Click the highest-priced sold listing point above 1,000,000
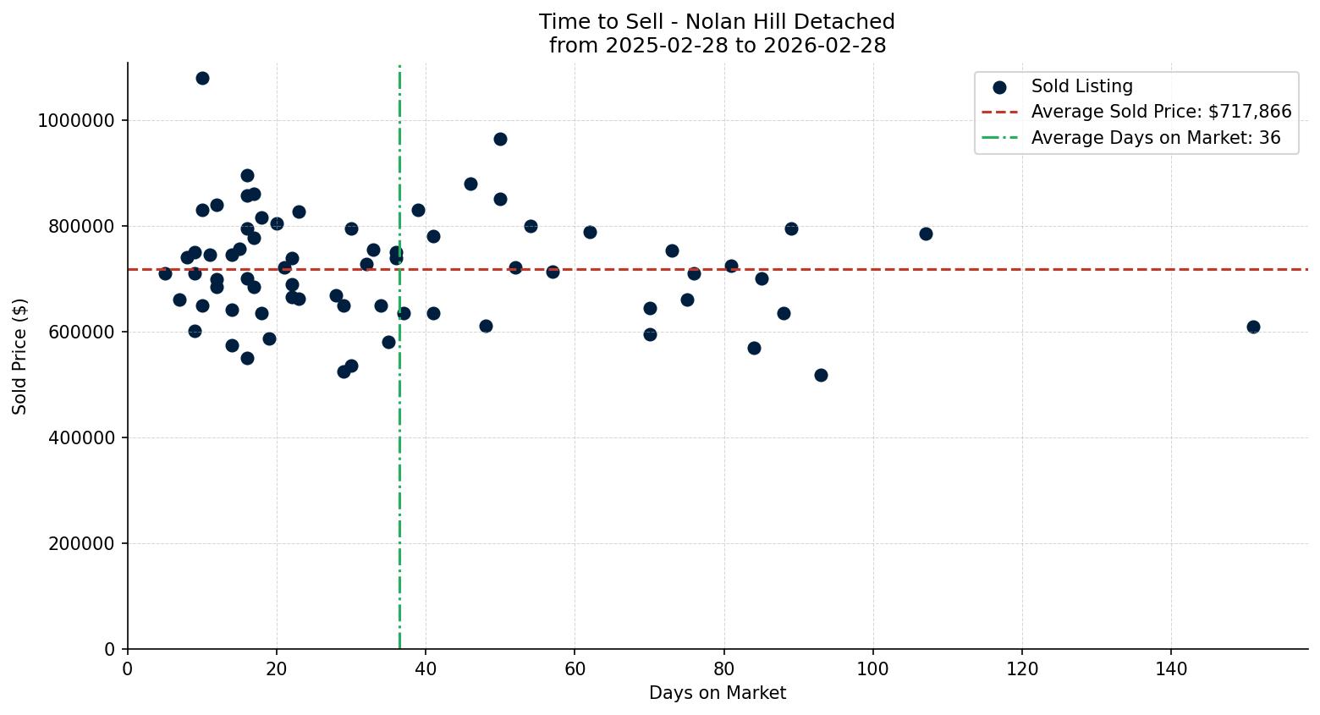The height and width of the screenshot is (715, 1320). click(202, 78)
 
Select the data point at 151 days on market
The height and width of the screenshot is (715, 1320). click(1253, 327)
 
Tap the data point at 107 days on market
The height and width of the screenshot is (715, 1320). click(926, 234)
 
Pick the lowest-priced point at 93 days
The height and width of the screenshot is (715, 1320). click(821, 375)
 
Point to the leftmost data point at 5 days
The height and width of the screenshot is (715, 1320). click(165, 273)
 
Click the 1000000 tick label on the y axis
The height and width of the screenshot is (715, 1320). click(75, 120)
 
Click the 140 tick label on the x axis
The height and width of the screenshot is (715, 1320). click(1171, 669)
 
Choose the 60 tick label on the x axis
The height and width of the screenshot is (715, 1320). click(575, 669)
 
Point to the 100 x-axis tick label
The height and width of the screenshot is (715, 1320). click(873, 669)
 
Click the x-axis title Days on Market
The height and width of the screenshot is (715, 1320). click(717, 693)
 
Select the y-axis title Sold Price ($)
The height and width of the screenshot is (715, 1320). click(19, 356)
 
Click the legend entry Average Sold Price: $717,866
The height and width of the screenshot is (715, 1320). click(1161, 112)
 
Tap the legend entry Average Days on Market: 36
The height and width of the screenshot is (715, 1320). click(1155, 138)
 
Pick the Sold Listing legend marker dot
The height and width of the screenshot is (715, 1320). click(999, 87)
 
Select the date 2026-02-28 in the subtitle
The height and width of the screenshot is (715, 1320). click(824, 46)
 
